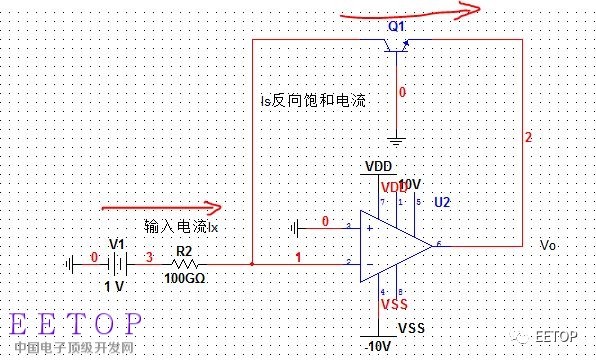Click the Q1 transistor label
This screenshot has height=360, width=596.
(x=398, y=25)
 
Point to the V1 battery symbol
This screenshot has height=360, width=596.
(x=118, y=264)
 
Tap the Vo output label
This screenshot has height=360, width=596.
(x=548, y=245)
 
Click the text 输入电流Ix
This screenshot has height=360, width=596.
(x=181, y=227)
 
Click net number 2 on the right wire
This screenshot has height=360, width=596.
(x=528, y=136)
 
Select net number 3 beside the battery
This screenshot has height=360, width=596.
(x=150, y=258)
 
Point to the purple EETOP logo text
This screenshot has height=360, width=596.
(x=76, y=325)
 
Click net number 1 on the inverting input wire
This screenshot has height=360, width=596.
(x=298, y=258)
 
